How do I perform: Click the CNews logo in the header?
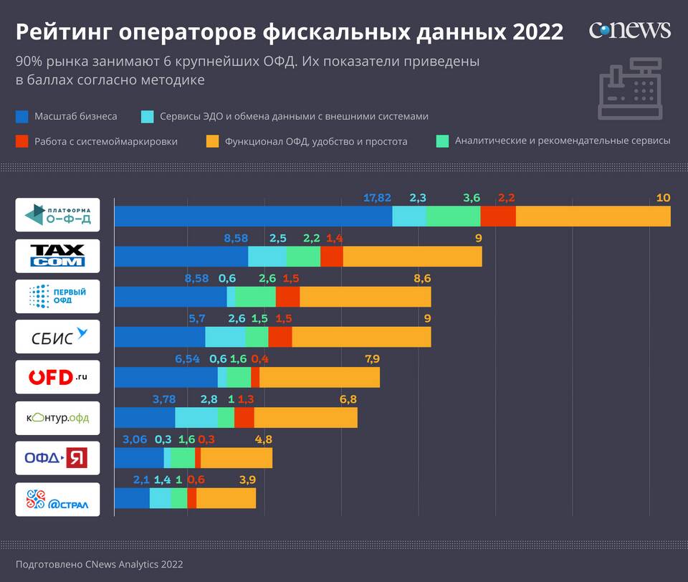[x=629, y=30]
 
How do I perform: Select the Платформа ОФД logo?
[x=58, y=214]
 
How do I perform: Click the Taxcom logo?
[x=58, y=256]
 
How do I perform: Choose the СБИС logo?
[x=58, y=336]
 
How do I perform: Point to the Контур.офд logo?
[x=58, y=418]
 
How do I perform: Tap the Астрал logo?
[x=58, y=500]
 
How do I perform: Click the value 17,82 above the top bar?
[x=377, y=198]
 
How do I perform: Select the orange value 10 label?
[x=663, y=198]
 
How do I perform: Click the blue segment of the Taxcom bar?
[x=181, y=257]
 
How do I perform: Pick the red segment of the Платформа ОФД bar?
[x=498, y=216]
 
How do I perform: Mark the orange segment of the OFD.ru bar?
[x=320, y=377]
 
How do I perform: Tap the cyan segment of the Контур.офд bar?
[x=196, y=418]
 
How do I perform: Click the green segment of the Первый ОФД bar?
[x=255, y=297]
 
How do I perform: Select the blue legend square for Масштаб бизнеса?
[x=22, y=116]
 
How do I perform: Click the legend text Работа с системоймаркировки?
[x=106, y=141]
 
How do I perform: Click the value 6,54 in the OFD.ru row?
[x=188, y=359]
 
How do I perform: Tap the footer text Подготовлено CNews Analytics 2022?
[x=99, y=564]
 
